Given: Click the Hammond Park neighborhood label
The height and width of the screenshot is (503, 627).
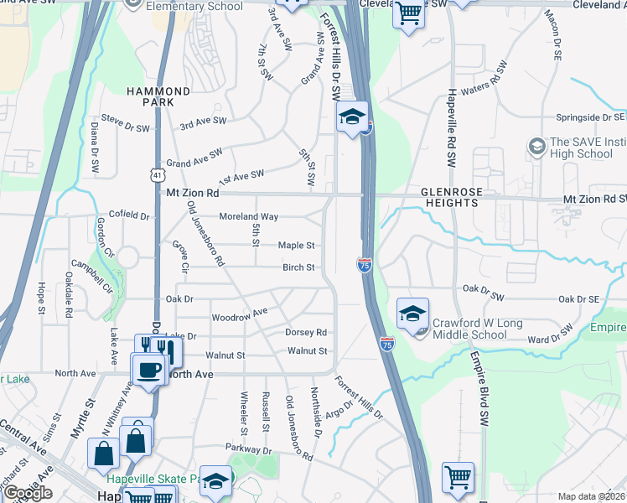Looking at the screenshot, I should tap(159, 96).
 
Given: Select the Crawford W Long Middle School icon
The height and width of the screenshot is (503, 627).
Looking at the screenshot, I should tap(412, 315).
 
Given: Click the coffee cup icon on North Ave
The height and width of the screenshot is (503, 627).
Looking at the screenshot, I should tap(149, 370).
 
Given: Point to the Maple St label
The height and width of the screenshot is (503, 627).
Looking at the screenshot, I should tap(296, 246).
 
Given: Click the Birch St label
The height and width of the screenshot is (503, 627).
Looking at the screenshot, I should tap(298, 267).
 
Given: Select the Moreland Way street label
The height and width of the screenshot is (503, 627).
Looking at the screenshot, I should tap(248, 216).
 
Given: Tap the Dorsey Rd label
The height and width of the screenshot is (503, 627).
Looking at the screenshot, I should tap(305, 332).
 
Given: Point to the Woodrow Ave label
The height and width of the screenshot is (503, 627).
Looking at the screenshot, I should tap(239, 314).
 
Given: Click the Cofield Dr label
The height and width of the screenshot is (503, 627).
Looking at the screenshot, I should tap(128, 215).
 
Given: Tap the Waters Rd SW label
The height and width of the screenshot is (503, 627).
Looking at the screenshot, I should tap(485, 80).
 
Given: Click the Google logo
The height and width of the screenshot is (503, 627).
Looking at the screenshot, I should tap(28, 493).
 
